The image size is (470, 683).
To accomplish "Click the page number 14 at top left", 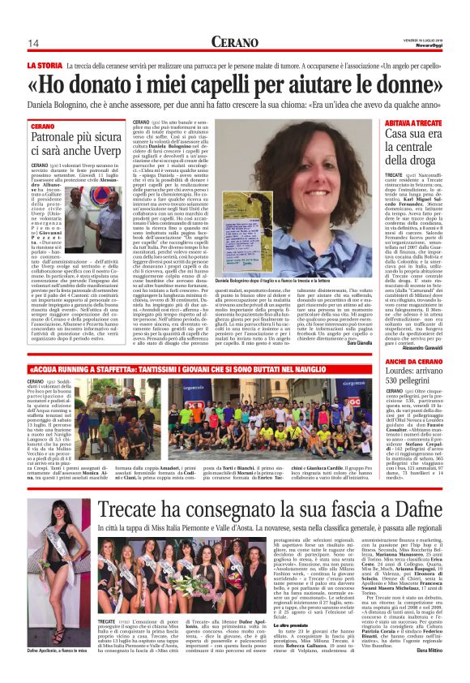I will click(x=32, y=43).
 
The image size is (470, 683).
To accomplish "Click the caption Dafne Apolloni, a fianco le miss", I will click(x=58, y=673).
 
